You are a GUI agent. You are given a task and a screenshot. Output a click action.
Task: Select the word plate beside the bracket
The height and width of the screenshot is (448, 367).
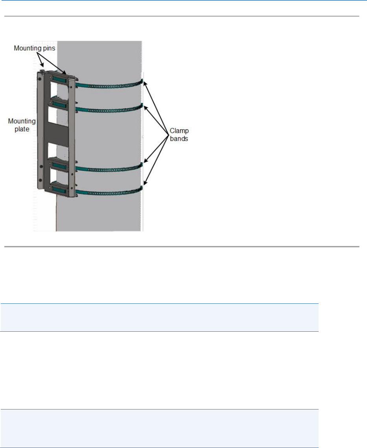(22, 129)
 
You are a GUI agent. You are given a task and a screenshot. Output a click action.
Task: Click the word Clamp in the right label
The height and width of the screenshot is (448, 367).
(177, 131)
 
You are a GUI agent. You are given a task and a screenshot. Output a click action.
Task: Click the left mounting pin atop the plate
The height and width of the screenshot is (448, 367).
(41, 72)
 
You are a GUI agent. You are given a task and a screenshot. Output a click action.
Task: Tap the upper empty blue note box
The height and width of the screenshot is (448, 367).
(159, 317)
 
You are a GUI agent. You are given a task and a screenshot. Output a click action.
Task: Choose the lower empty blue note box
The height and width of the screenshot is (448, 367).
(159, 424)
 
